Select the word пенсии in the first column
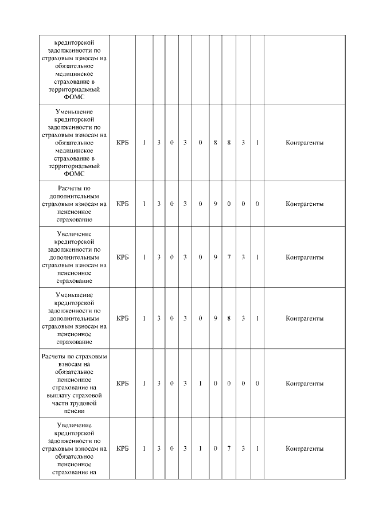click(x=74, y=411)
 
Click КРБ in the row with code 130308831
click(x=122, y=142)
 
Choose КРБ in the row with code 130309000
click(x=122, y=204)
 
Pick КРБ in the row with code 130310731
click(x=122, y=448)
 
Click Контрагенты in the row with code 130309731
click(x=304, y=257)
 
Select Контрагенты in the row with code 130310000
click(x=304, y=383)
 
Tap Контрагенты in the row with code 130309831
click(x=304, y=318)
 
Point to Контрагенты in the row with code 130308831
click(x=304, y=142)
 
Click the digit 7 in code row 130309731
click(x=229, y=257)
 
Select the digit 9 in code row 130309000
click(x=215, y=204)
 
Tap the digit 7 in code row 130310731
click(x=229, y=448)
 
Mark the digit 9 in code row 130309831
click(x=215, y=318)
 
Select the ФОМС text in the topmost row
click(x=74, y=97)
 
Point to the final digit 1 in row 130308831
click(x=257, y=142)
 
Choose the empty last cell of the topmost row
click(x=304, y=69)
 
